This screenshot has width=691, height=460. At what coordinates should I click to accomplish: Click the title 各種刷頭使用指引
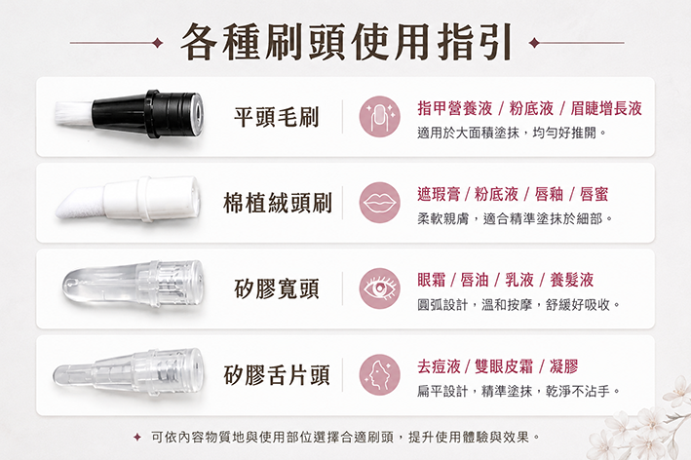(x=346, y=42)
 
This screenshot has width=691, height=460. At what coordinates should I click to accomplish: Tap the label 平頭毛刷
(x=277, y=117)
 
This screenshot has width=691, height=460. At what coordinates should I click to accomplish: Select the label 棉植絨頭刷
(x=277, y=203)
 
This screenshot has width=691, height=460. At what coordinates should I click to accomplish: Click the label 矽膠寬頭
(x=277, y=289)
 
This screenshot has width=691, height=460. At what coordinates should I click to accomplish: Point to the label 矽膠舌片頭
(x=277, y=375)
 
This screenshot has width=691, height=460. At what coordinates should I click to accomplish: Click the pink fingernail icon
(x=379, y=116)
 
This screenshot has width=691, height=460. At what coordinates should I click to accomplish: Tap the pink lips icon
(x=379, y=203)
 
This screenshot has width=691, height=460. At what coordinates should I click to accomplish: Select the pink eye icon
(x=379, y=288)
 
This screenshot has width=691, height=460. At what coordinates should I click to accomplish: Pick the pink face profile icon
(x=379, y=375)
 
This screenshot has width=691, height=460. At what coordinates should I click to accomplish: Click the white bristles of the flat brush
(x=74, y=113)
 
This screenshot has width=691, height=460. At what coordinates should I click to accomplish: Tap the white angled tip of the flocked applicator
(x=79, y=203)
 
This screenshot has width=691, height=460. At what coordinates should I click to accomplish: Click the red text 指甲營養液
(x=455, y=108)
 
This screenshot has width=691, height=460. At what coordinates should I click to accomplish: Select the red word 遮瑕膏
(x=439, y=194)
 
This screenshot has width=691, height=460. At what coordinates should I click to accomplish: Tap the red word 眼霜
(x=432, y=280)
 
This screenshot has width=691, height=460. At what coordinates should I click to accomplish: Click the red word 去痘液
(x=439, y=366)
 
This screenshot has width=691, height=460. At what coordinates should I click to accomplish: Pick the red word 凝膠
(x=563, y=366)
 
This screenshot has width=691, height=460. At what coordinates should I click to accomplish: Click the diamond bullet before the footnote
(x=137, y=437)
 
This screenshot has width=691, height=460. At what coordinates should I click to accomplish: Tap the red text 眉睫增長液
(x=606, y=108)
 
